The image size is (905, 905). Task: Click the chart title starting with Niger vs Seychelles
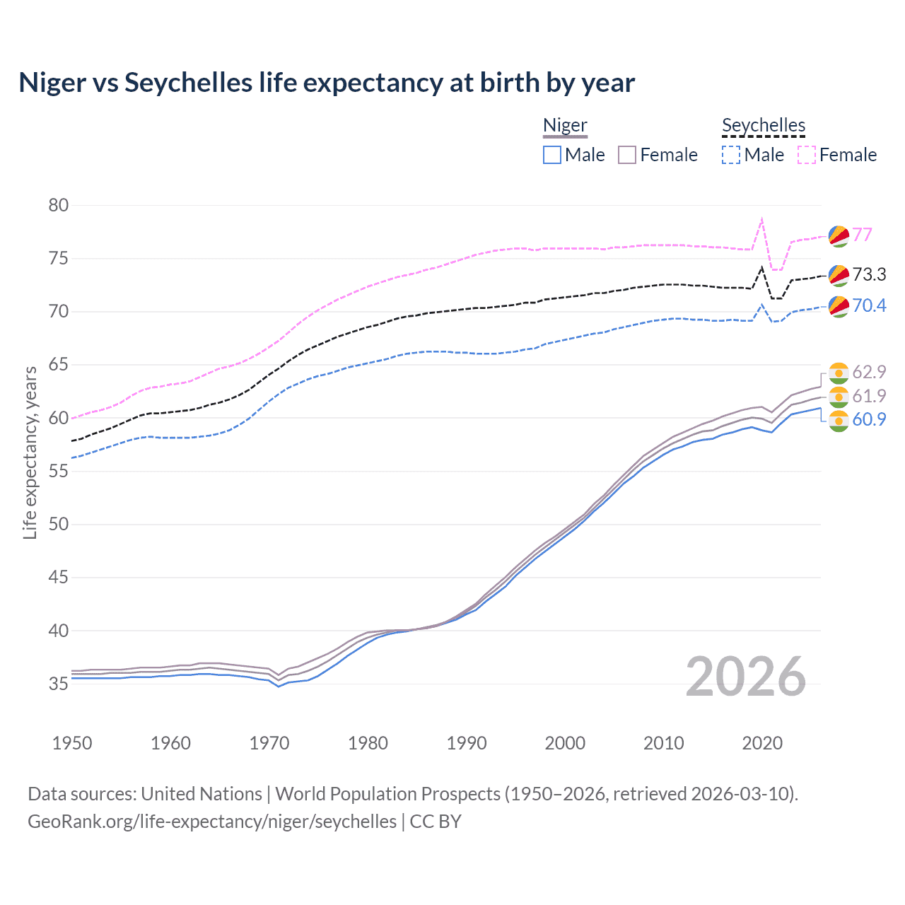click(x=327, y=83)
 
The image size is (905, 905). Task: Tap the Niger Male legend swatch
click(x=552, y=155)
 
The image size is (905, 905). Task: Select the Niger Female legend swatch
click(x=627, y=155)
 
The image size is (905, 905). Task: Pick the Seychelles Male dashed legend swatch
click(x=731, y=155)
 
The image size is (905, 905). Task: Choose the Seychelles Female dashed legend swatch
click(x=807, y=155)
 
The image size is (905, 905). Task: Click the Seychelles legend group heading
click(x=764, y=125)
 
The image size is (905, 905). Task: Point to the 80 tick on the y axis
click(x=59, y=206)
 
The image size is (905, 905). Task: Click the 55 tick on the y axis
click(x=59, y=471)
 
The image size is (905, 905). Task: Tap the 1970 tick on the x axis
click(x=269, y=743)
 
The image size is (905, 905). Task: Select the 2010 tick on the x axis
click(x=663, y=743)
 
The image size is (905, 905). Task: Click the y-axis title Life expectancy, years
click(x=30, y=452)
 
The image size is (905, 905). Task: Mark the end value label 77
click(x=862, y=235)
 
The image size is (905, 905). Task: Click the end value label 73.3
click(x=869, y=274)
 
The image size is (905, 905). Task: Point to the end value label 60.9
click(x=869, y=419)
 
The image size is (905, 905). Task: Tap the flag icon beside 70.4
click(x=839, y=306)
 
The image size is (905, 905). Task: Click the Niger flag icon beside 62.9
click(x=839, y=373)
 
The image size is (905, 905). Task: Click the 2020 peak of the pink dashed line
click(x=761, y=220)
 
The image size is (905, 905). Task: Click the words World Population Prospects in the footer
click(x=387, y=794)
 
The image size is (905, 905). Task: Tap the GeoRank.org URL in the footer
click(x=212, y=822)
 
